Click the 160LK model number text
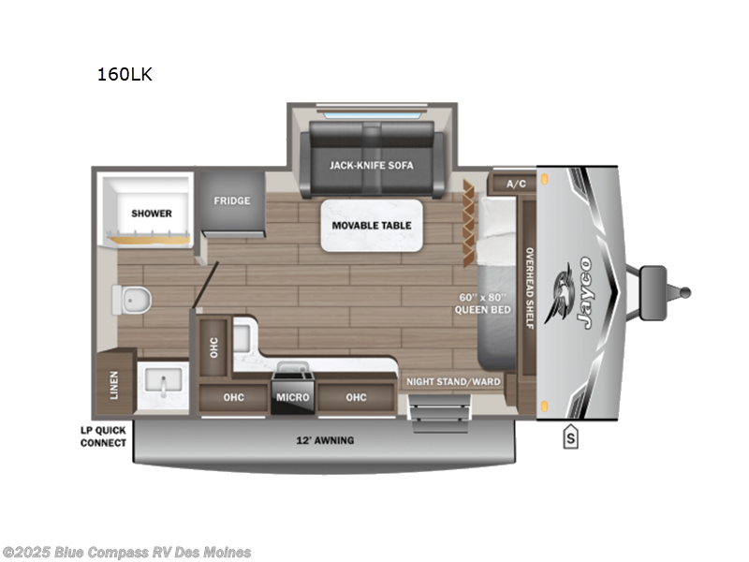tap(124, 75)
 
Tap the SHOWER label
tap(152, 214)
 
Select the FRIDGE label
tap(230, 200)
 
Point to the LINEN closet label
tap(113, 383)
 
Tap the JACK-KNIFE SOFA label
tap(371, 165)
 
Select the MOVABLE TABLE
tap(371, 225)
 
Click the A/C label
tap(516, 184)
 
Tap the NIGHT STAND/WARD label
tap(453, 382)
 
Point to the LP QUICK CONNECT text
tap(103, 437)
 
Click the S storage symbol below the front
tap(569, 436)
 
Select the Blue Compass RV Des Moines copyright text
tap(126, 552)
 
